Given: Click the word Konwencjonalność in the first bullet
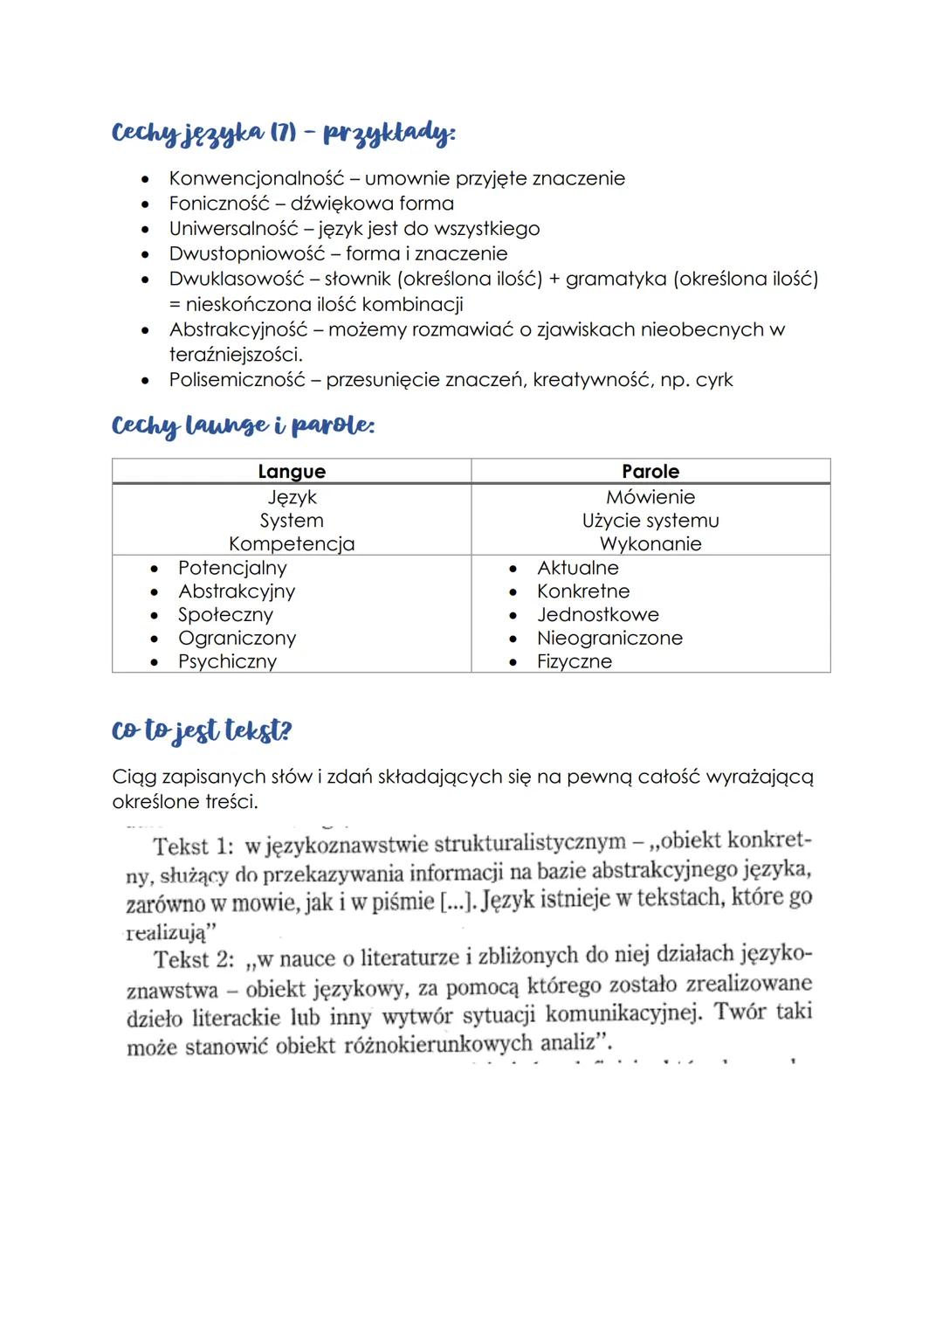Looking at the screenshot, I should point(257,178).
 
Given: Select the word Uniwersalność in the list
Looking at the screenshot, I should point(239,229).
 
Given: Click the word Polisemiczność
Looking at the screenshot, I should point(237,380).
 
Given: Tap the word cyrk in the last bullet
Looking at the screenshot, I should point(714,380).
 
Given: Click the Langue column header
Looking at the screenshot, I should point(292,472).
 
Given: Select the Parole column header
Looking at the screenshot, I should point(650,472).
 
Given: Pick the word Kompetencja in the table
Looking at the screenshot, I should point(292,544).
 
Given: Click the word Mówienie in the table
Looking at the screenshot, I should point(650,497).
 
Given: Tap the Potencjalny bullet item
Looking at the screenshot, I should point(232,568).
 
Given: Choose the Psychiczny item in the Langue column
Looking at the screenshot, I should point(227,661).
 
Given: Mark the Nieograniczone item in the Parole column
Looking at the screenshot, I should point(609,639).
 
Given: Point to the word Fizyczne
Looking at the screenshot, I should point(575,661).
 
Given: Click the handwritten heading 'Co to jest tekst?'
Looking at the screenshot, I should point(202,730).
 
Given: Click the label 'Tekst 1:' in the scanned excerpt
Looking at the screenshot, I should point(193,847).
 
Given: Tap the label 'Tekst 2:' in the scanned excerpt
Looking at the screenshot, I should point(194,960).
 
